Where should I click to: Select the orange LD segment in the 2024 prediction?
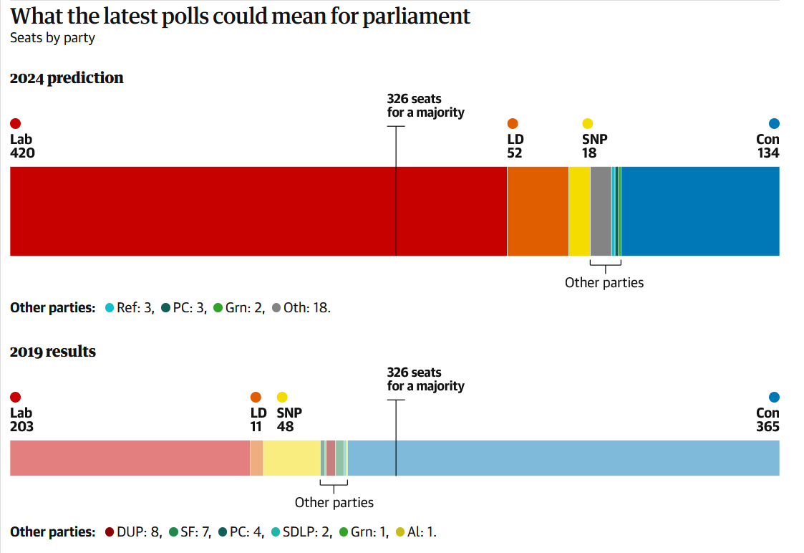pyautogui.click(x=538, y=211)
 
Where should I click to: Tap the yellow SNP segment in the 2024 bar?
pyautogui.click(x=579, y=211)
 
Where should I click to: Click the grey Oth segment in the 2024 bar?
pyautogui.click(x=601, y=211)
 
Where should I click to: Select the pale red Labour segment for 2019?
pyautogui.click(x=130, y=458)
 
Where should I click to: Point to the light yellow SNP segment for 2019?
pyautogui.click(x=291, y=458)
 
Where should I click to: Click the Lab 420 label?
pyautogui.click(x=22, y=145)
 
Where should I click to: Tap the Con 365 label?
pyautogui.click(x=767, y=420)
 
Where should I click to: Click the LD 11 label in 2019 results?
pyautogui.click(x=258, y=420)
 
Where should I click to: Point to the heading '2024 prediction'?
pyautogui.click(x=67, y=78)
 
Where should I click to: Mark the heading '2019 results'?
pyautogui.click(x=53, y=352)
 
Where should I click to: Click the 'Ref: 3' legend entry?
pyautogui.click(x=130, y=308)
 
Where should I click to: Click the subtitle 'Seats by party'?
pyautogui.click(x=52, y=38)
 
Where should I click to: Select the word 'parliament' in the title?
pyautogui.click(x=416, y=16)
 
